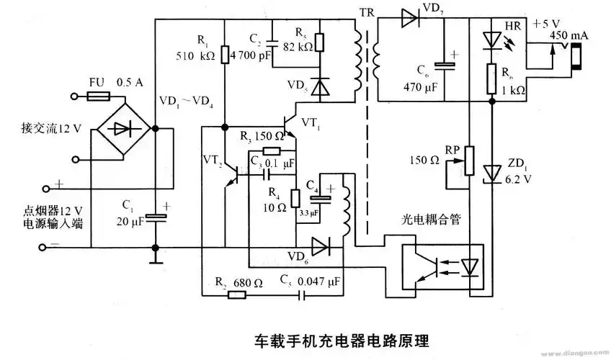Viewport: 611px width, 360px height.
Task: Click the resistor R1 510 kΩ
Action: (225, 54)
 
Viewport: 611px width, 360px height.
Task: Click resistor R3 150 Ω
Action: (272, 151)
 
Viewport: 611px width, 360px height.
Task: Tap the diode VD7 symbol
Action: (410, 19)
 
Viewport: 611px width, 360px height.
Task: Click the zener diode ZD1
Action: (492, 172)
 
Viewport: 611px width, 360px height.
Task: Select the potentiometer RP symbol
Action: (469, 160)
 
